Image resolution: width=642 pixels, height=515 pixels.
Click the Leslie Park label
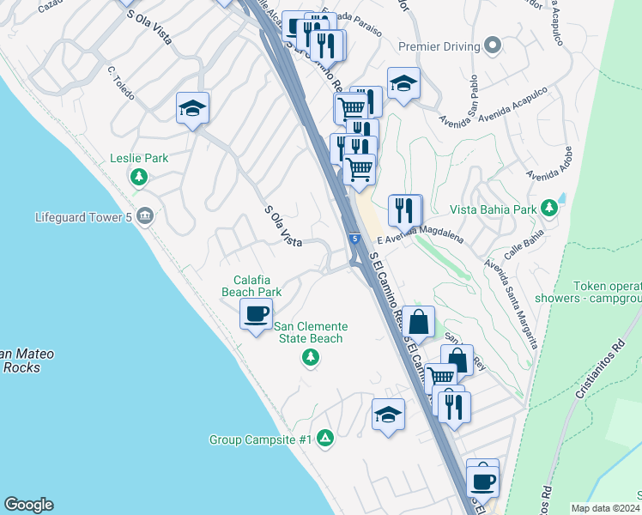pos(139,159)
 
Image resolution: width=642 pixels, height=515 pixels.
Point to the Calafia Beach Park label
pos(251,286)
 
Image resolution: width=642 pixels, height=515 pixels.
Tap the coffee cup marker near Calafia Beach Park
pos(256,313)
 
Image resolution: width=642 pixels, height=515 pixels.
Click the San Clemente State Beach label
pos(311,332)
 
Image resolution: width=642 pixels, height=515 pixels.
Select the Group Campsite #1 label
pos(259,439)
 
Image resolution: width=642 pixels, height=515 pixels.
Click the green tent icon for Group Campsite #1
pos(324,439)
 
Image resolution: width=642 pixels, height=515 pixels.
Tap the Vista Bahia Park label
pos(494,209)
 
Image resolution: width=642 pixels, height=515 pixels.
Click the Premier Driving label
pos(439,45)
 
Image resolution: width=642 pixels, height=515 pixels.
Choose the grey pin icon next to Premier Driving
pos(492,45)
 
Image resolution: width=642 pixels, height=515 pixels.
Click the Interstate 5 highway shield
pos(354,238)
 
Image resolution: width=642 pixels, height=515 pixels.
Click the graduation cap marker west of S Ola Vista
pos(192,108)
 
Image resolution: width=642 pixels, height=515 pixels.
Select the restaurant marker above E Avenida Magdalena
pos(403,210)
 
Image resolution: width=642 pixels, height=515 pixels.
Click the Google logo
pos(28,505)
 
